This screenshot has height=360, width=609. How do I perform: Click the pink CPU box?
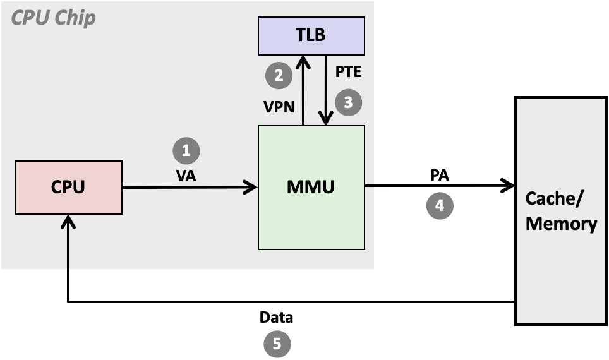[x=68, y=187]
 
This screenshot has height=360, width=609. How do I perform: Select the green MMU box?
[x=311, y=187]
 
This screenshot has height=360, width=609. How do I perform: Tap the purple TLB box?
[x=311, y=35]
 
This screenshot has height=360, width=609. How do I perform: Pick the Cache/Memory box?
[x=562, y=211]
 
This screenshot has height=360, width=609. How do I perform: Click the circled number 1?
[x=186, y=150]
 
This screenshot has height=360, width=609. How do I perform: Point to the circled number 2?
[x=279, y=76]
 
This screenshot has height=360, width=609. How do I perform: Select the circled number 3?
[x=348, y=102]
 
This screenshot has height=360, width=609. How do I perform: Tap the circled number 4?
[x=440, y=205]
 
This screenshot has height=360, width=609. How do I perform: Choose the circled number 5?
[x=277, y=344]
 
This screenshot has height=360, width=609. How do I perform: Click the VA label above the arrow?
[x=186, y=176]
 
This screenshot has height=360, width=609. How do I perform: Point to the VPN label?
[x=279, y=107]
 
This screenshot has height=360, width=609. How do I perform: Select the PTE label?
[x=348, y=72]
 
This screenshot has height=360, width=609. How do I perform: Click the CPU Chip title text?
[x=54, y=18]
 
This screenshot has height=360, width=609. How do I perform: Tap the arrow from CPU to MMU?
[x=190, y=187]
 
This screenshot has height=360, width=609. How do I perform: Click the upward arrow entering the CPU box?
[x=68, y=240]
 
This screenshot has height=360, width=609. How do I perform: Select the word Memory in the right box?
[x=562, y=224]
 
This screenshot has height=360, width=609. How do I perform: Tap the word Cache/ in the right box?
[x=555, y=199]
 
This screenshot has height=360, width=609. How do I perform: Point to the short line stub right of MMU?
[x=370, y=186]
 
